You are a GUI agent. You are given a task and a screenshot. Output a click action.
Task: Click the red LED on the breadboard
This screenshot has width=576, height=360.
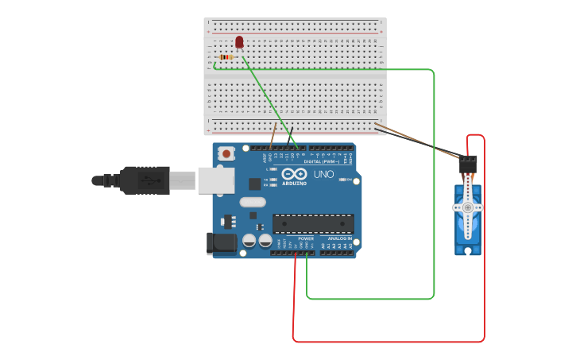(x=239, y=41)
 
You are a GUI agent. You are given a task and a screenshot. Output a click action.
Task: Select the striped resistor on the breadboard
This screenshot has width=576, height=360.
(x=227, y=57)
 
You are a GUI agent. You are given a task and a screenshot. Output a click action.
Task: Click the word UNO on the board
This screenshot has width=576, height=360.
(x=323, y=174)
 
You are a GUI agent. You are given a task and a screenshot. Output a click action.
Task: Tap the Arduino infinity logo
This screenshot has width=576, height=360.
(x=294, y=175)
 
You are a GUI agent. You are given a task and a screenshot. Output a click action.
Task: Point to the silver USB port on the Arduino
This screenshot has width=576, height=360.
(x=215, y=180)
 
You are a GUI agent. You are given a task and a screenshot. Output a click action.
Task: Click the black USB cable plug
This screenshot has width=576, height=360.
(x=144, y=180)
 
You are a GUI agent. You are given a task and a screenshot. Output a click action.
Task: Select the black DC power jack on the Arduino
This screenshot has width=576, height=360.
(x=222, y=243)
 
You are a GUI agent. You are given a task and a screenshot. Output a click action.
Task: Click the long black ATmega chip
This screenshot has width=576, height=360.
(x=313, y=224)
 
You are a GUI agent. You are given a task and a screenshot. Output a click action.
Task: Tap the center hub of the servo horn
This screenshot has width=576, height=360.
(x=468, y=207)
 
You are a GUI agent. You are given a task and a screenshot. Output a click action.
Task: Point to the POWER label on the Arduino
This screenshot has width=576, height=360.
(x=306, y=238)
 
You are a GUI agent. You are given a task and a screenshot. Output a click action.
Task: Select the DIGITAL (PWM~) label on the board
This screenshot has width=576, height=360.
(x=327, y=161)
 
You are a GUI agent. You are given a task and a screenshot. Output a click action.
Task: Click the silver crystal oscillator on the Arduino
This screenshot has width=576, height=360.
(x=252, y=202)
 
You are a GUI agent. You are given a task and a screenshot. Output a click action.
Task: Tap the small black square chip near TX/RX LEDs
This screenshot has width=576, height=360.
(x=254, y=184)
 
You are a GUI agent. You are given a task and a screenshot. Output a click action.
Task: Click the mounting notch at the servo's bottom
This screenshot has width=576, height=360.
(x=468, y=250)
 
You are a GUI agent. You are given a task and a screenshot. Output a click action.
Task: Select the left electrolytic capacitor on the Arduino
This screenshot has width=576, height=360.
(x=249, y=239)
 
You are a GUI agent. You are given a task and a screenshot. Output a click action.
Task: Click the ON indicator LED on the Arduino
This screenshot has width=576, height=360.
(x=343, y=180)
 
